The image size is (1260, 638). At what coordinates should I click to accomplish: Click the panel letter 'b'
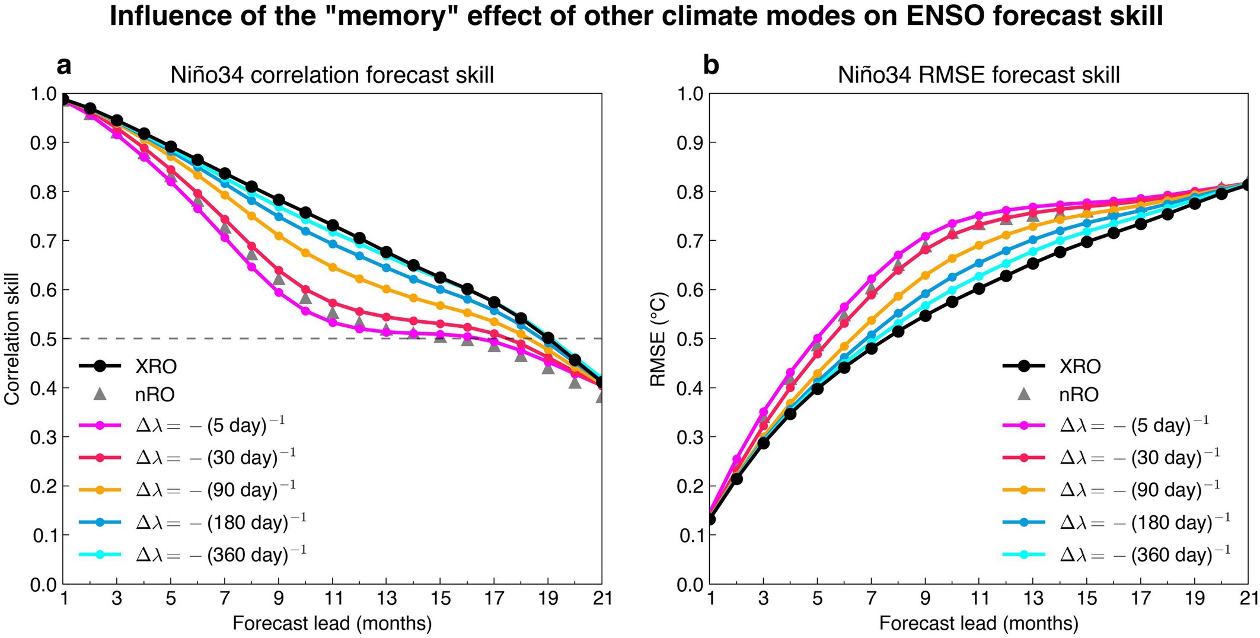pos(710,66)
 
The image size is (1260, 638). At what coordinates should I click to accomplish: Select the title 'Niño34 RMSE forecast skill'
pos(978,75)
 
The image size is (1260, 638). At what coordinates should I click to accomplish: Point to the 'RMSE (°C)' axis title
pos(659,339)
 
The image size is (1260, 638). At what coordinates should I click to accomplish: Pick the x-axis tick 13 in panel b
pos(1033,598)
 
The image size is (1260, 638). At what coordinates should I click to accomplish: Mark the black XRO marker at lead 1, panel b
pos(710,519)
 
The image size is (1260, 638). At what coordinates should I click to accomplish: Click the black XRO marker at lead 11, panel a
pos(333,225)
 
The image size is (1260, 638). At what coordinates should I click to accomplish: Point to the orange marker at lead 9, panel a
pos(279,236)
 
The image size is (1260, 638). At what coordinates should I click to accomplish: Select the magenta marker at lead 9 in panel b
pos(925,237)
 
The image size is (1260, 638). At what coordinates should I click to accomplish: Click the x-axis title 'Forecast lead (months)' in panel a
pos(332,623)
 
